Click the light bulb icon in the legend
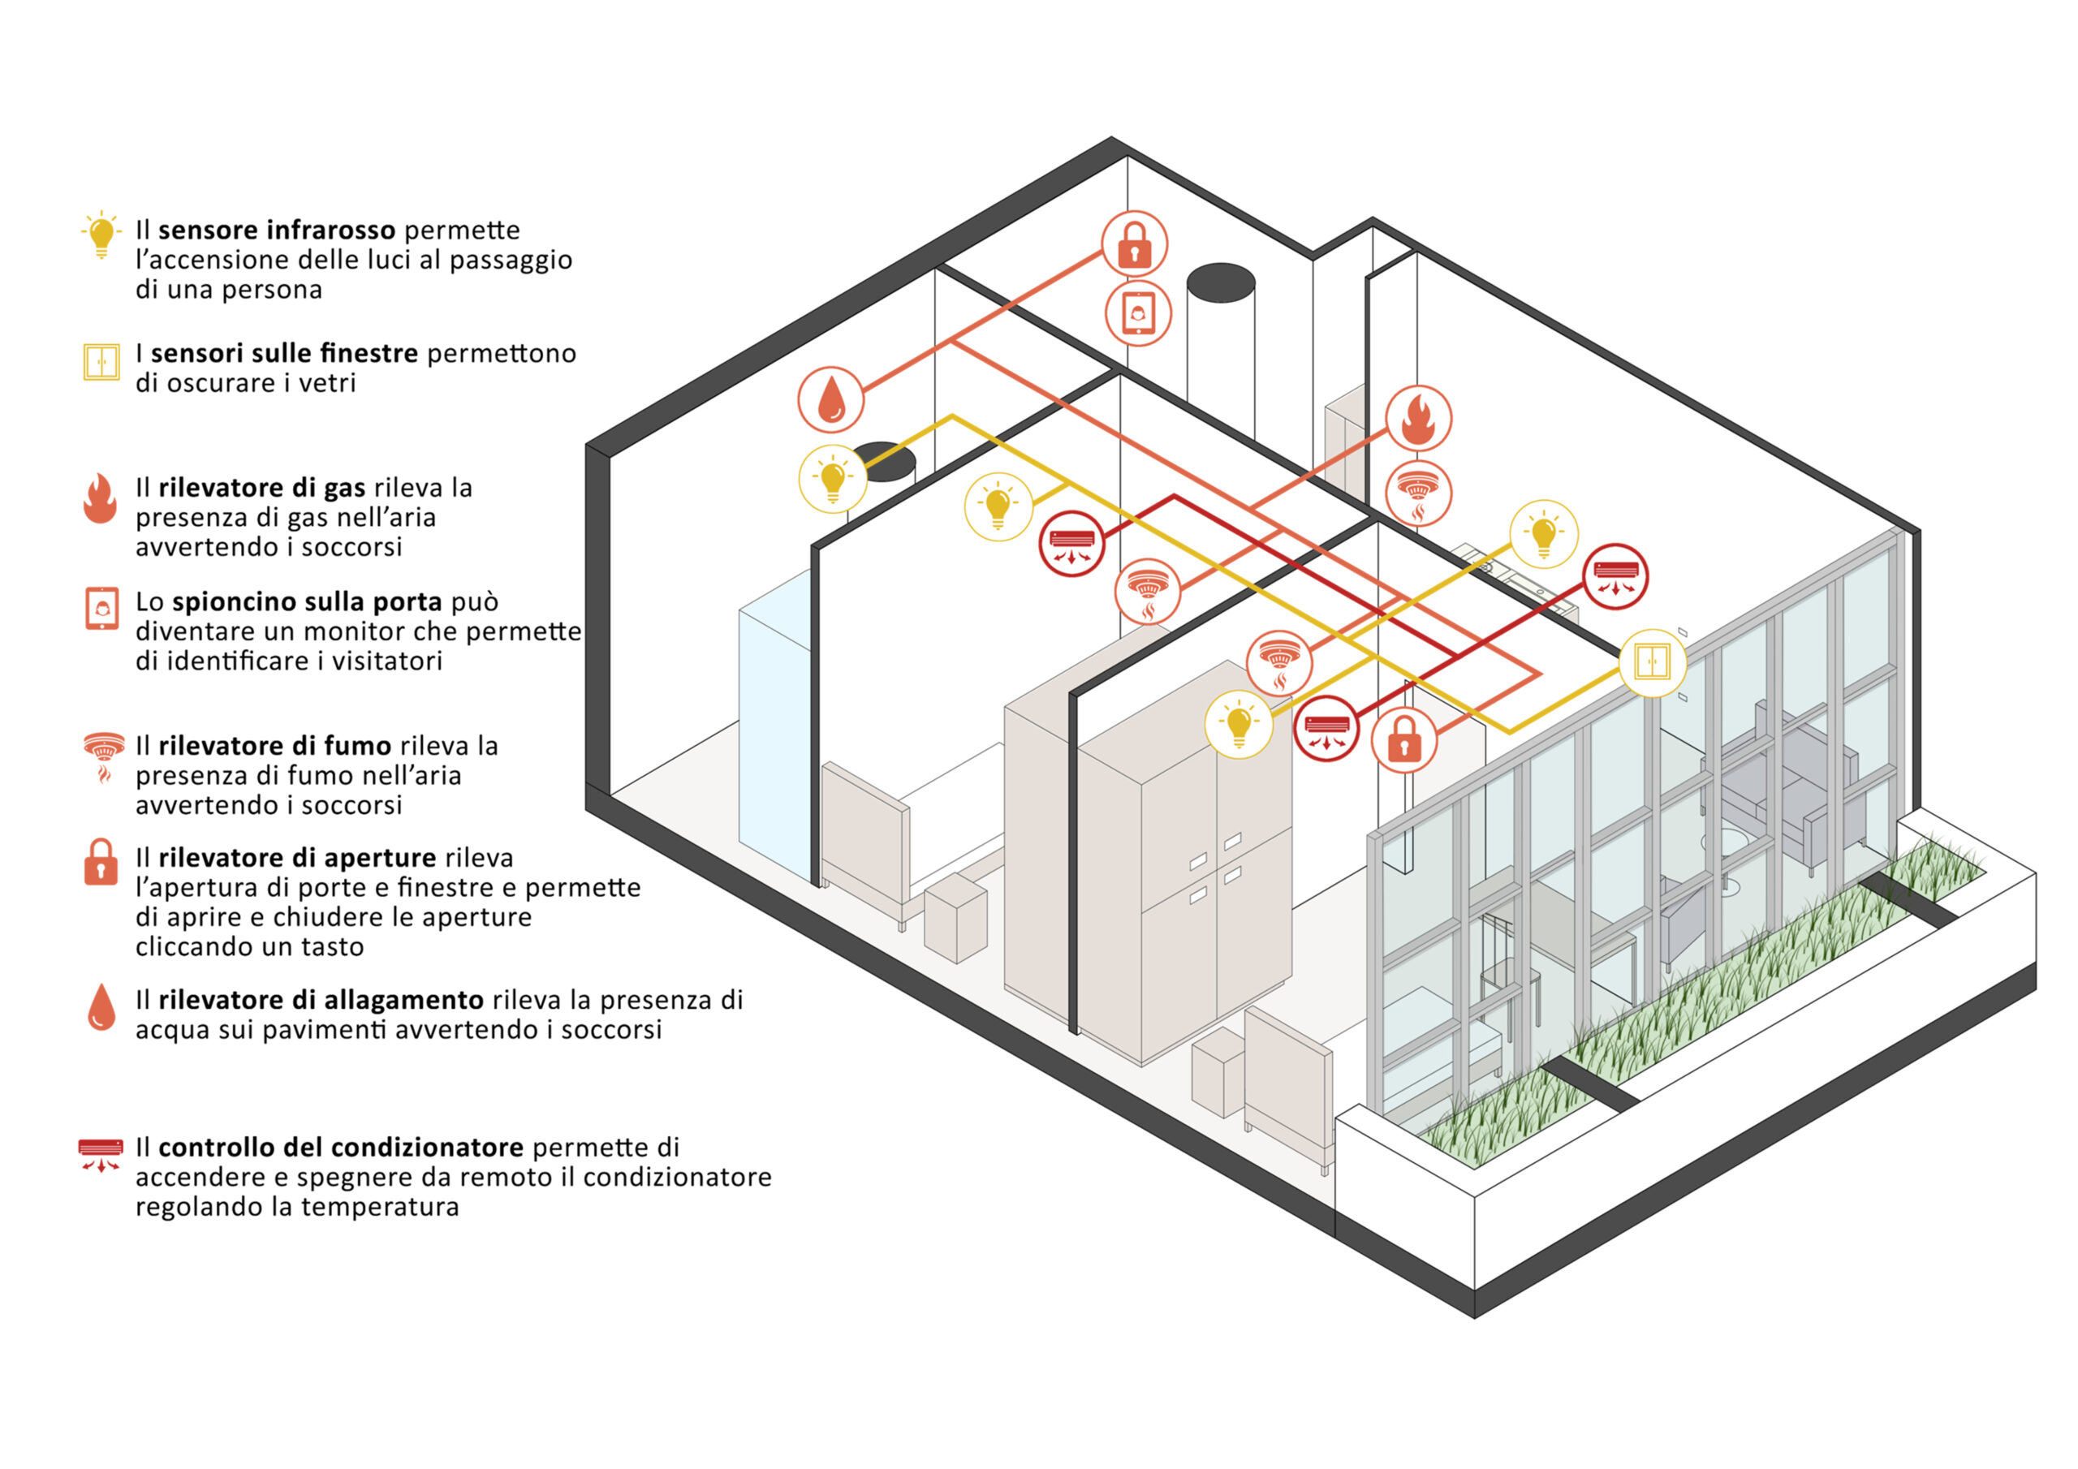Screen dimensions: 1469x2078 coord(101,235)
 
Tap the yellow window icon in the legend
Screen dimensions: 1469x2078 coord(101,362)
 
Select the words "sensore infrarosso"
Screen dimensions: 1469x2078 coord(276,230)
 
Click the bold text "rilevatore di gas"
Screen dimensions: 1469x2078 coord(261,488)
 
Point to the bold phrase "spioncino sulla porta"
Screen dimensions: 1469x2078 coord(307,602)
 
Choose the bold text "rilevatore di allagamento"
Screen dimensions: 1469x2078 coord(321,999)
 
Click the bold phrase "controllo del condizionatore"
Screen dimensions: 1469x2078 coord(340,1147)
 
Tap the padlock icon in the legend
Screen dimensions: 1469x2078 coord(101,862)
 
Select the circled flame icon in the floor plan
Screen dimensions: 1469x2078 coord(1418,418)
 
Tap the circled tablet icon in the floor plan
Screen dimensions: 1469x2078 coord(1138,313)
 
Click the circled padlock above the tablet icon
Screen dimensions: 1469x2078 coord(1134,244)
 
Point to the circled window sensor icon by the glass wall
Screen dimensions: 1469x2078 coord(1652,662)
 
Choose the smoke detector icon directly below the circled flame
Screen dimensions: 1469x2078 coord(1418,494)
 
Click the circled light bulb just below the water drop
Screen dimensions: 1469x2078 coord(833,479)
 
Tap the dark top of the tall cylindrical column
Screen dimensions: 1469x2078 coord(1220,282)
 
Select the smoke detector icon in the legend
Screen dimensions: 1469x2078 coord(103,755)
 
